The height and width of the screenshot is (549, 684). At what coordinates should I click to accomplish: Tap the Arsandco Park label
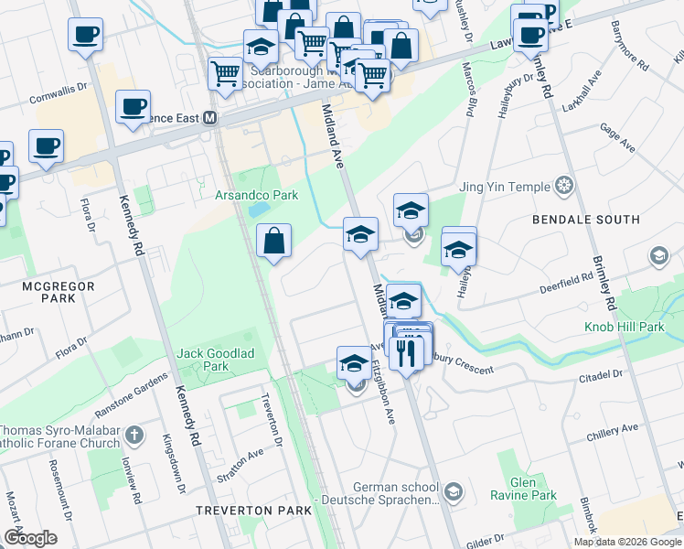tap(256, 195)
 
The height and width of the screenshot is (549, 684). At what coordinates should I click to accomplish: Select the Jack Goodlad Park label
tap(202, 359)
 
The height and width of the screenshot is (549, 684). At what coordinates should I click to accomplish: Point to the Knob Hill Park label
tap(625, 327)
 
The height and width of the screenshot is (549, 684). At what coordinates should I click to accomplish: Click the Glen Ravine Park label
tap(533, 489)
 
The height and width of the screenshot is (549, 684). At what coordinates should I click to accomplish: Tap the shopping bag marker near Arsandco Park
tap(273, 242)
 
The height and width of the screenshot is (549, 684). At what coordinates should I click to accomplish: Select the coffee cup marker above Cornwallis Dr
tap(85, 36)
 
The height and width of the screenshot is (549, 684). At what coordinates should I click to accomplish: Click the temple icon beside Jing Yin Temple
tap(564, 187)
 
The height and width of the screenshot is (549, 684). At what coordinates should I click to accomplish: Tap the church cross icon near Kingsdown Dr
tap(134, 436)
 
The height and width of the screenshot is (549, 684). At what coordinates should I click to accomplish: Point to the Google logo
tap(30, 538)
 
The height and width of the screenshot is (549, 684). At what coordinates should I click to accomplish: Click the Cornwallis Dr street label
tap(58, 94)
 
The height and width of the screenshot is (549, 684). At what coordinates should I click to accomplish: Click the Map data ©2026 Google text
tap(627, 542)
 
